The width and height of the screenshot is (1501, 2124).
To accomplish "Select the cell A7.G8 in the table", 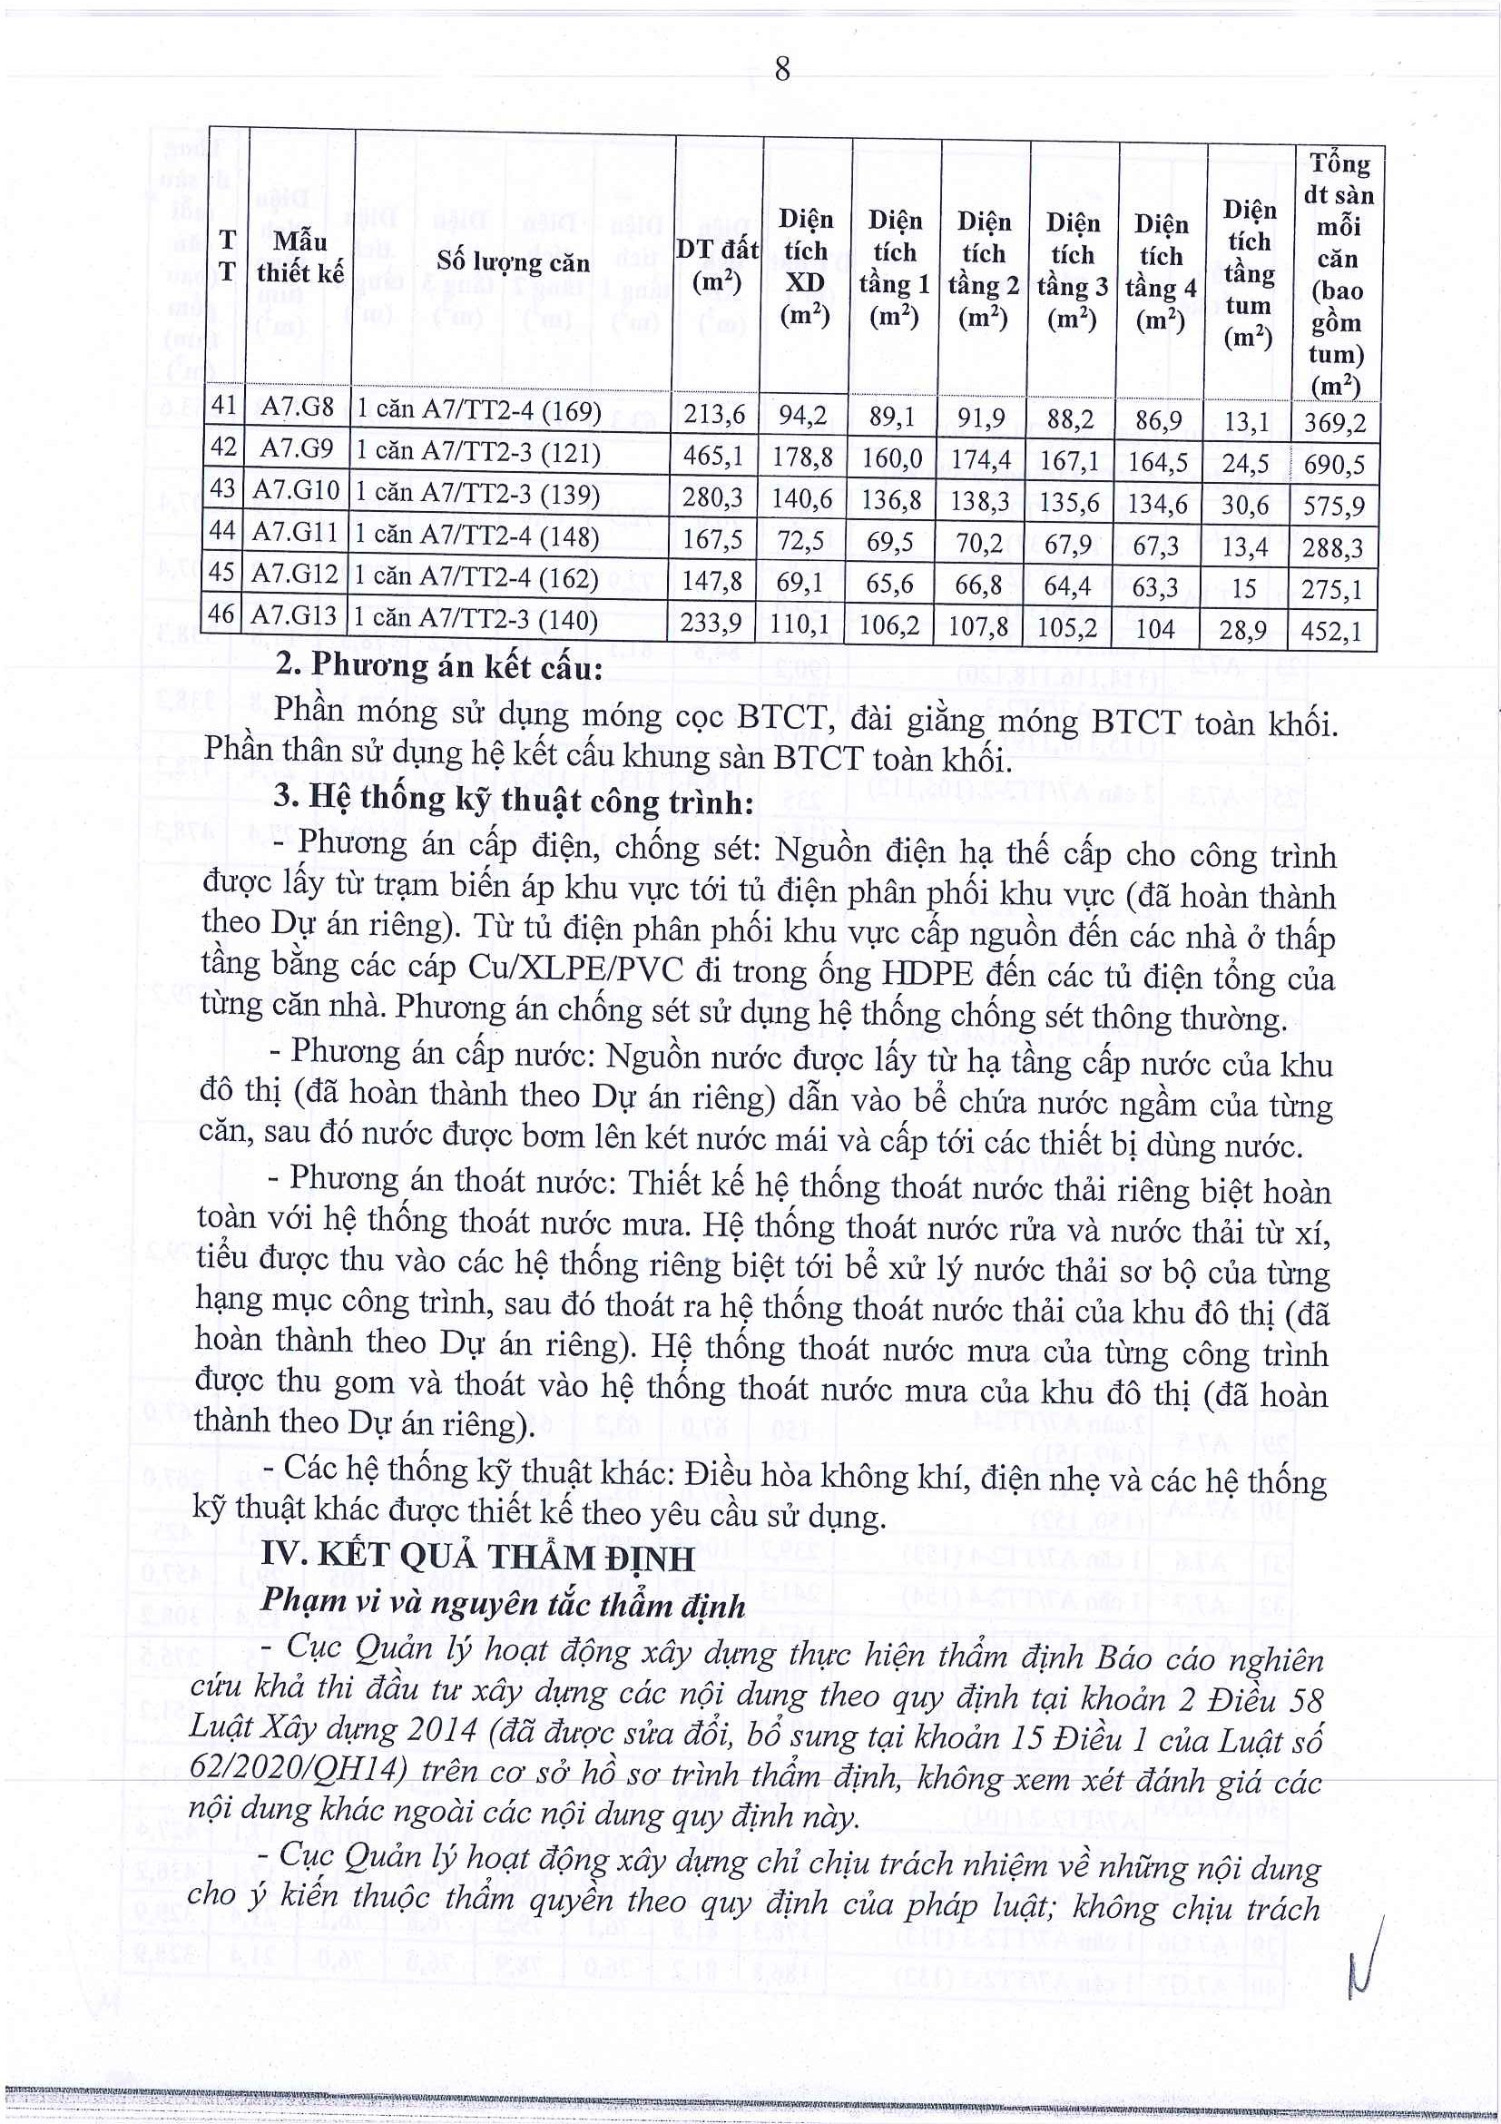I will tap(296, 408).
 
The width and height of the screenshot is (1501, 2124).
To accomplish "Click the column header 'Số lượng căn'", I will tap(513, 262).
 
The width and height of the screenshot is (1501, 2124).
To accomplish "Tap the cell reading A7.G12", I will tap(295, 575).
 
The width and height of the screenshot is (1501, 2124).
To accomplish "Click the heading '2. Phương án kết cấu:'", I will tap(439, 666).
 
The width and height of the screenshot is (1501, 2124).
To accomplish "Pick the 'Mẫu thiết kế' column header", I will tap(299, 257).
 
